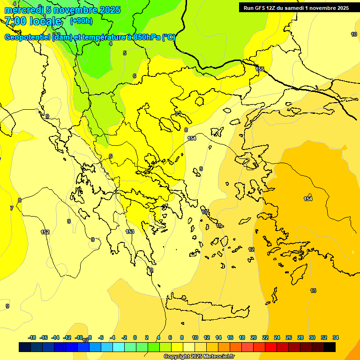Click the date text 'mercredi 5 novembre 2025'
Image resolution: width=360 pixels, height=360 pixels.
pyautogui.click(x=62, y=10)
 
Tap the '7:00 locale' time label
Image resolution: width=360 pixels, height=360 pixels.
pyautogui.click(x=33, y=21)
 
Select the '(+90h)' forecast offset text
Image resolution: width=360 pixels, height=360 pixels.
pyautogui.click(x=81, y=21)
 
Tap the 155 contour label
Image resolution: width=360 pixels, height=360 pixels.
pyautogui.click(x=260, y=69)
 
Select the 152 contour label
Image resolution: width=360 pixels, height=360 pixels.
pyautogui.click(x=45, y=232)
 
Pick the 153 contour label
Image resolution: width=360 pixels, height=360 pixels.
pyautogui.click(x=130, y=232)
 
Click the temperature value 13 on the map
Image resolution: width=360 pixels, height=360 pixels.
pyautogui.click(x=313, y=291)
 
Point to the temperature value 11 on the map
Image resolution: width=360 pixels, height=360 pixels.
pyautogui.click(x=219, y=226)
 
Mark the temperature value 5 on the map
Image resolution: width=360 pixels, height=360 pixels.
pyautogui.click(x=125, y=53)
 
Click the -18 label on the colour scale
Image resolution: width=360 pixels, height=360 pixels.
pyautogui.click(x=32, y=337)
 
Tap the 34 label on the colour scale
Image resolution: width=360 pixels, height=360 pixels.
pyautogui.click(x=336, y=337)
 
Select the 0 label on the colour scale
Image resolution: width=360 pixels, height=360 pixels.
pyautogui.click(x=135, y=337)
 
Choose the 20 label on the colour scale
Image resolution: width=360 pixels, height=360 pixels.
pyautogui.click(x=254, y=337)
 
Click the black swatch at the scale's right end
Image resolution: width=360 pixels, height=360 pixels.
pyautogui.click(x=330, y=347)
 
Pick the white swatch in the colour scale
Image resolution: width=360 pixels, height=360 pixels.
pyautogui.click(x=189, y=347)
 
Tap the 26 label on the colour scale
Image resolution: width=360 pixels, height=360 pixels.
pyautogui.click(x=289, y=337)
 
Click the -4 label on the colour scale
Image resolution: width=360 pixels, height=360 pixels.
pyautogui.click(x=112, y=337)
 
